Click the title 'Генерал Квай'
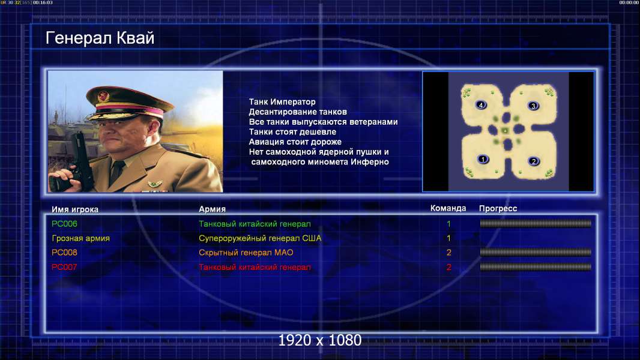click(100, 38)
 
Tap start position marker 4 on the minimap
click(481, 105)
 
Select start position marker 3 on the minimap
click(533, 106)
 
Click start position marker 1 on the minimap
click(483, 160)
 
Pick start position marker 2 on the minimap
click(534, 161)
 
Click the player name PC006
click(64, 224)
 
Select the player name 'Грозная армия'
click(81, 239)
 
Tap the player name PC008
click(64, 253)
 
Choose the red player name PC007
click(64, 267)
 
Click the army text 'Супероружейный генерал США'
click(260, 239)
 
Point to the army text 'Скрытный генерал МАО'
click(246, 253)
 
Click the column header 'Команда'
click(448, 208)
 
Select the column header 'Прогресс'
click(498, 209)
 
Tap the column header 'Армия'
click(213, 209)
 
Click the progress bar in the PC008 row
click(536, 253)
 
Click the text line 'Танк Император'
click(282, 102)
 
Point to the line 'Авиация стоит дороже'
click(295, 142)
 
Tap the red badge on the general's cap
click(104, 97)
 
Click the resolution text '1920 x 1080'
click(320, 340)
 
